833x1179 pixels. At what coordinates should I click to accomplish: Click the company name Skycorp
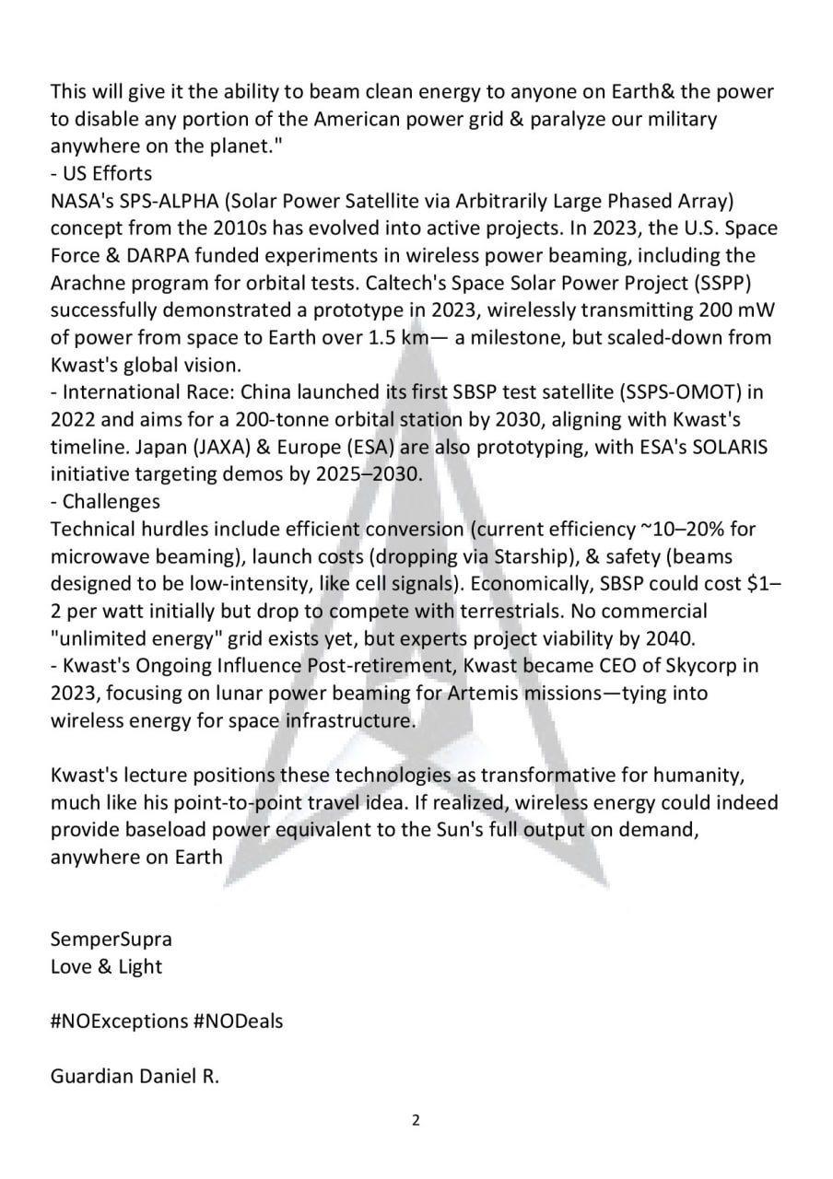702,665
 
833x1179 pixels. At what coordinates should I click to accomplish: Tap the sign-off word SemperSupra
111,940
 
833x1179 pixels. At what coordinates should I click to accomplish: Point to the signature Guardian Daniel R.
135,1076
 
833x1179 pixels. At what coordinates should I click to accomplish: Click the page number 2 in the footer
416,1121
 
